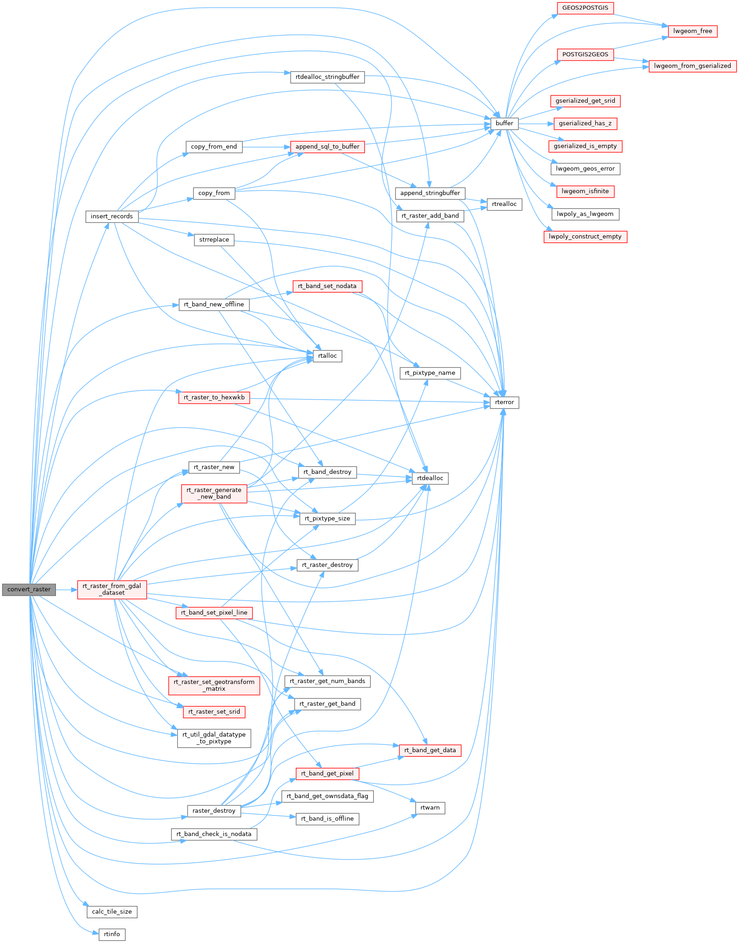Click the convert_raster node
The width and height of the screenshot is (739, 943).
29,589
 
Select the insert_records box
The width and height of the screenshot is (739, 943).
111,216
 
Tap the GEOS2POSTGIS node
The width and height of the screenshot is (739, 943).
585,8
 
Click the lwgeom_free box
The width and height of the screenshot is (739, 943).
692,31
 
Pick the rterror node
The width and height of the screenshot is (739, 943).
504,402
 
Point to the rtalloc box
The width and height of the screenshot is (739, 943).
327,356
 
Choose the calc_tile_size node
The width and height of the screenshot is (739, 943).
112,912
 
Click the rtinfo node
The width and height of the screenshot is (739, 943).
112,934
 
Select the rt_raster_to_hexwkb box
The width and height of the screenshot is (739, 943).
214,397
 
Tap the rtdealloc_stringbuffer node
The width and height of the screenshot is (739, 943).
327,77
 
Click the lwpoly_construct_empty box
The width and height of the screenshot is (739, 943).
585,237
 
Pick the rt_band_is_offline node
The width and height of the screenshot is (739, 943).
327,819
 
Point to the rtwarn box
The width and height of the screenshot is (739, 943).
430,808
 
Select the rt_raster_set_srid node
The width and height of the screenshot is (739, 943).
214,712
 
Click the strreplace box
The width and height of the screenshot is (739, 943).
214,240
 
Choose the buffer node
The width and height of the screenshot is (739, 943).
504,123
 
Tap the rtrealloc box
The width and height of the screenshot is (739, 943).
504,204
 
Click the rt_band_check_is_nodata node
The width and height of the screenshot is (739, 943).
214,834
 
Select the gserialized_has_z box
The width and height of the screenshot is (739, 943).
585,123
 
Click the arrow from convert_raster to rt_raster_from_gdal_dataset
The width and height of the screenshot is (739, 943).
66,589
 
